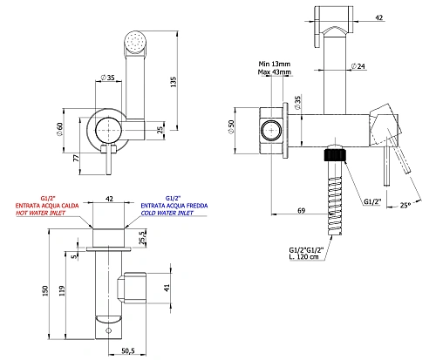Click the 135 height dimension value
coord(174,82)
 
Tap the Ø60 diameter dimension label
coord(59,129)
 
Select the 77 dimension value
coord(76,158)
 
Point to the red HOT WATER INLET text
coord(41,213)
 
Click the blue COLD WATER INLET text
coord(167,213)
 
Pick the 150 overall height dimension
coord(45,291)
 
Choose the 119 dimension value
coord(62,291)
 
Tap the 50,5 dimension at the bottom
coord(128,350)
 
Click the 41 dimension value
coord(167,288)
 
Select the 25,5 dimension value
coord(142,238)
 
